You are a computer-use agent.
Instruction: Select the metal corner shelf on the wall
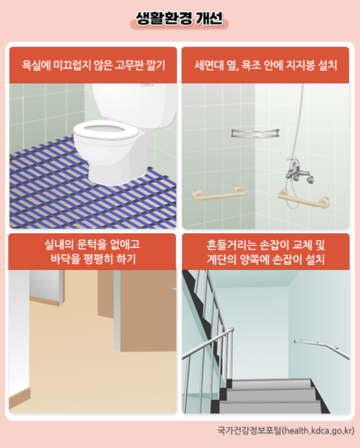[x=255, y=133]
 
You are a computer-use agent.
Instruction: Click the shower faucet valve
[x=299, y=171]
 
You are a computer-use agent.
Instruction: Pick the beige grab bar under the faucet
[x=303, y=199]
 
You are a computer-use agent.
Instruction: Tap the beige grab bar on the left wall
[x=218, y=193]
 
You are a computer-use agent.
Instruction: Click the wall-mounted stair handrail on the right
[x=321, y=349]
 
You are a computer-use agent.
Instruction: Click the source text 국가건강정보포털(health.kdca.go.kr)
[x=285, y=431]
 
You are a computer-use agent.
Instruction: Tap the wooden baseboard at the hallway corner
[x=19, y=398]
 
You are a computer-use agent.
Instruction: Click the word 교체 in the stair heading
[x=303, y=245]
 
